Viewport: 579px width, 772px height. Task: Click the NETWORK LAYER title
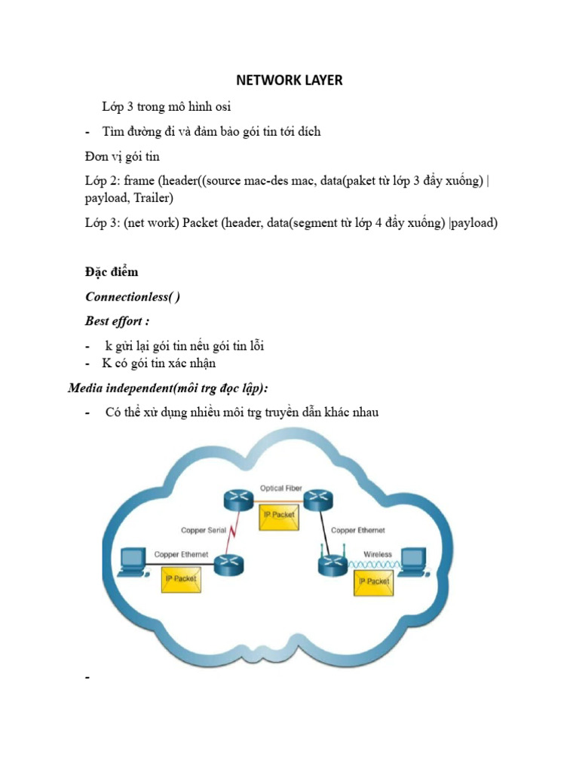pos(289,80)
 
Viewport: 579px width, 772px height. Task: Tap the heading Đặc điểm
pos(111,272)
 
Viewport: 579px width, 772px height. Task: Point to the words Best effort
pos(117,320)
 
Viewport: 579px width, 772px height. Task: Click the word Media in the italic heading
pos(86,388)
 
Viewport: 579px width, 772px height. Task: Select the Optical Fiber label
pos(280,489)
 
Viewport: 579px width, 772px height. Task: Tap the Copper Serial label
pos(204,530)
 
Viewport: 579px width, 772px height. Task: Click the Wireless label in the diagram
pos(378,554)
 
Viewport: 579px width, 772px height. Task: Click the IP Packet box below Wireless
pos(374,581)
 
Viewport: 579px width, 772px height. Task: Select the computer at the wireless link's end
pos(414,562)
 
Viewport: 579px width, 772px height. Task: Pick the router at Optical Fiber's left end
pos(235,498)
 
